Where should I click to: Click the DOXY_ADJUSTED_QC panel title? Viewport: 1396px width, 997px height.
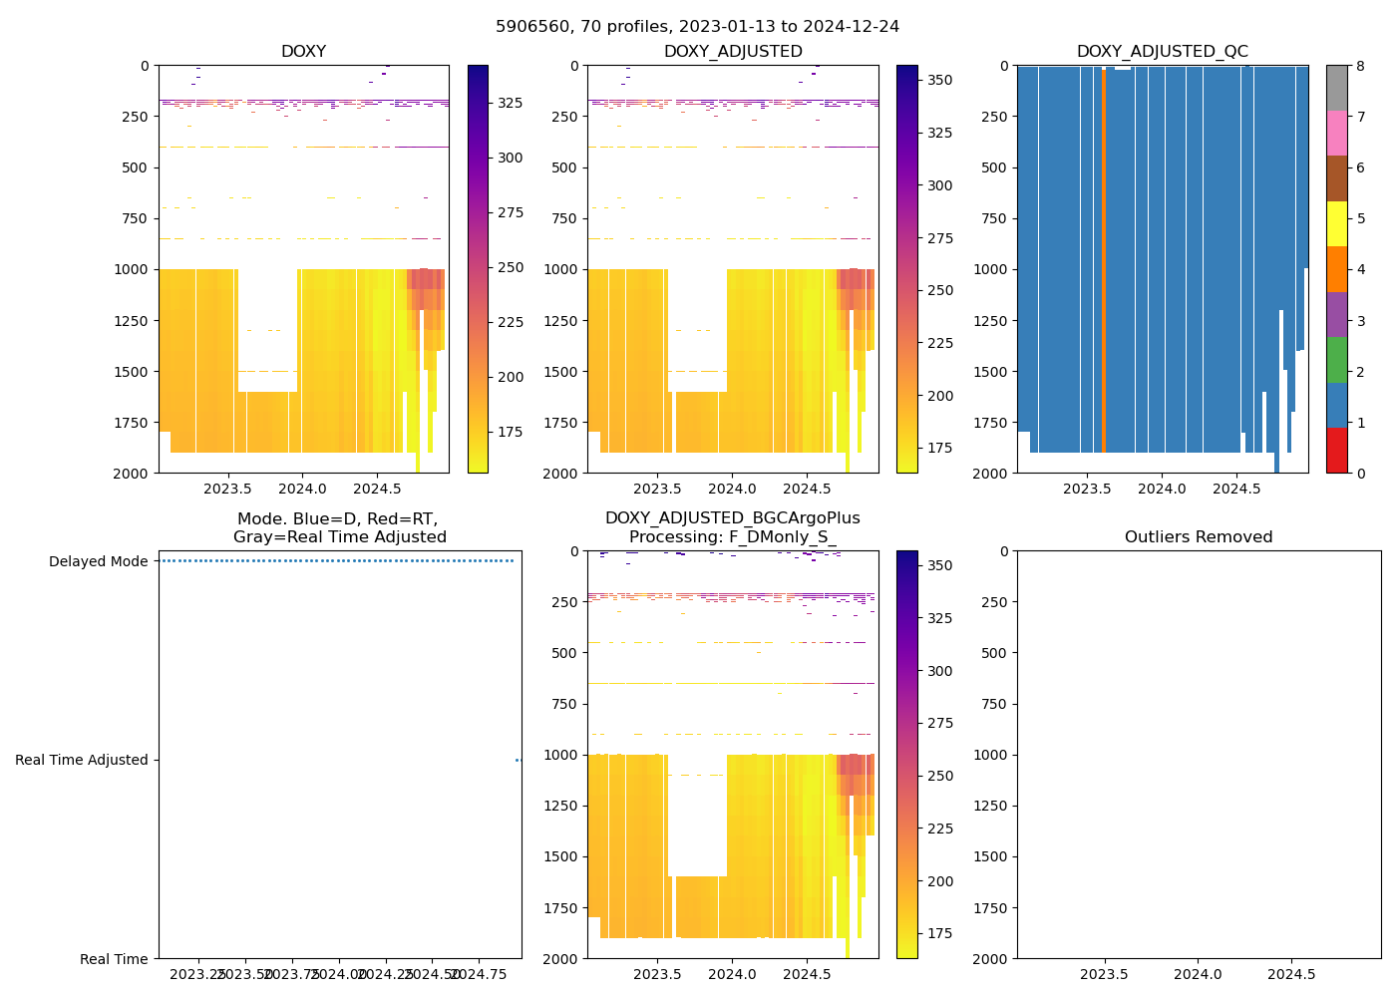pyautogui.click(x=1162, y=52)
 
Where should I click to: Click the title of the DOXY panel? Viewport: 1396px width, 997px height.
pyautogui.click(x=303, y=52)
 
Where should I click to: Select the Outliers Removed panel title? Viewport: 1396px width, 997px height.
pyautogui.click(x=1199, y=537)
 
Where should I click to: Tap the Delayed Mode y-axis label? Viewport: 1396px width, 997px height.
pyautogui.click(x=98, y=561)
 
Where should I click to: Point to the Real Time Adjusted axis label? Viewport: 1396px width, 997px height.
pyautogui.click(x=82, y=760)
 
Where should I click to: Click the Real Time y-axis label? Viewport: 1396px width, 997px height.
pyautogui.click(x=114, y=959)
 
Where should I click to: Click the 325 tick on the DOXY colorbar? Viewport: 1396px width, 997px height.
pyautogui.click(x=511, y=103)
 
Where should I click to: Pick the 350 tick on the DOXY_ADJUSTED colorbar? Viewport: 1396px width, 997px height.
pyautogui.click(x=939, y=80)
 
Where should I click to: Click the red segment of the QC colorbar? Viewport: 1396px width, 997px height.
pyautogui.click(x=1336, y=450)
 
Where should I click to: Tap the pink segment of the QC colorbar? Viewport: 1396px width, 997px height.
pyautogui.click(x=1336, y=133)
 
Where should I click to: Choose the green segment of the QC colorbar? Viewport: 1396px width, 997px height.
pyautogui.click(x=1336, y=359)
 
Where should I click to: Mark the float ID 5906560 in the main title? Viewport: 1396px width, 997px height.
pyautogui.click(x=530, y=27)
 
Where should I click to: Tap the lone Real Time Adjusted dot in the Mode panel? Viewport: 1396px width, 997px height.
pyautogui.click(x=518, y=760)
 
